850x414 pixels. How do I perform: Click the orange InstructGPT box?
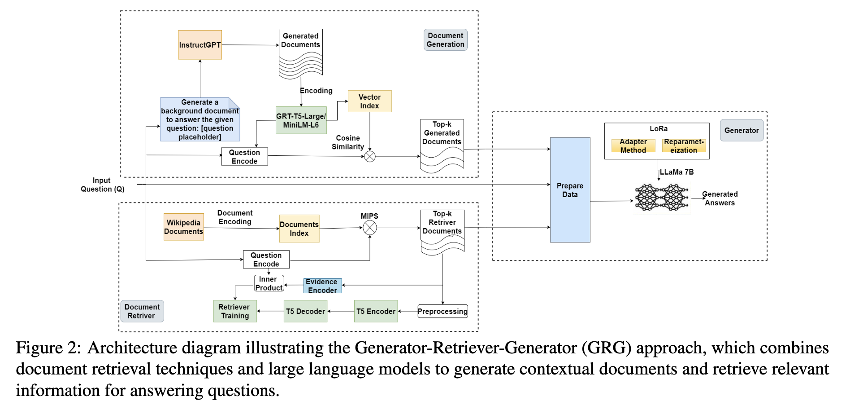click(200, 45)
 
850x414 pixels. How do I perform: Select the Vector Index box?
click(369, 101)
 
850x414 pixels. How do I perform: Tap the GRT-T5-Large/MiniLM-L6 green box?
click(301, 120)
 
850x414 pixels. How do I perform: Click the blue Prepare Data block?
click(570, 190)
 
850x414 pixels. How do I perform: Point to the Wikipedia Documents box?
click(183, 227)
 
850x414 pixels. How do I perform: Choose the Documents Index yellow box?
click(299, 229)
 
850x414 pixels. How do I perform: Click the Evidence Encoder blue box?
click(322, 286)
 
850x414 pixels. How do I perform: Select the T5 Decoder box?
click(305, 311)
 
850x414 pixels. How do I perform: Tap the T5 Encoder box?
click(376, 311)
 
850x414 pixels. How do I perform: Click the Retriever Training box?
click(234, 311)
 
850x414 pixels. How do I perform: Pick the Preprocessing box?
click(442, 311)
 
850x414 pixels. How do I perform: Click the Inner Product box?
click(269, 283)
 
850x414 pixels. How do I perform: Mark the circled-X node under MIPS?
click(369, 228)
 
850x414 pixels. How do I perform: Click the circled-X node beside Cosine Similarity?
click(369, 156)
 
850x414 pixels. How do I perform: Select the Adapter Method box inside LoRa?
click(633, 146)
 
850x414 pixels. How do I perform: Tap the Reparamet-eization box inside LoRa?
click(684, 146)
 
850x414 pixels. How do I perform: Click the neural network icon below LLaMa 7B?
click(662, 198)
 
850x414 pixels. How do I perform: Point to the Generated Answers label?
click(720, 198)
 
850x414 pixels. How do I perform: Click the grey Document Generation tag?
click(445, 40)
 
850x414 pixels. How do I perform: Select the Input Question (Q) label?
click(102, 185)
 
